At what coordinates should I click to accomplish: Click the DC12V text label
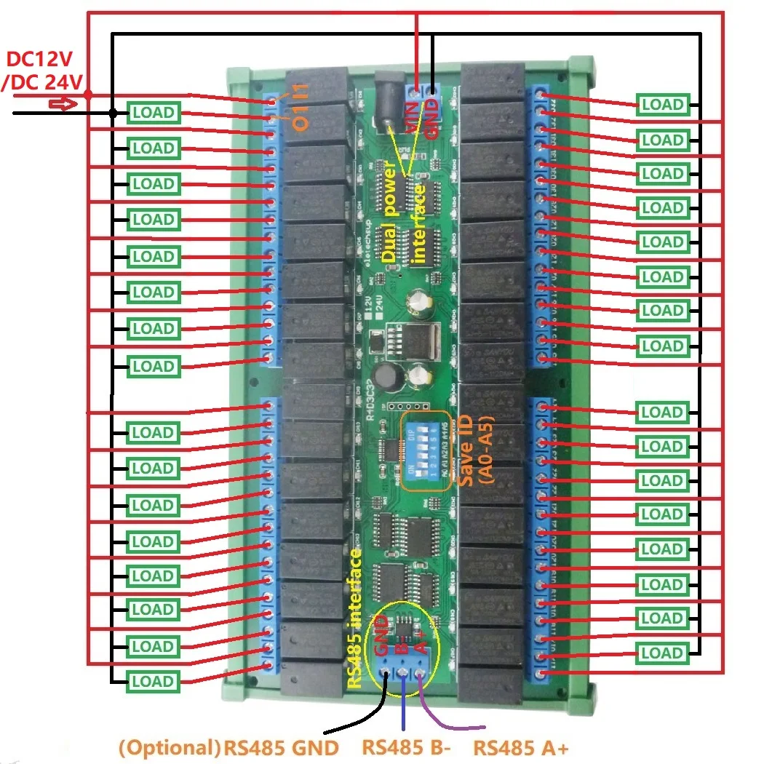[43, 60]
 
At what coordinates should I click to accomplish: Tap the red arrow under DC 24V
[62, 105]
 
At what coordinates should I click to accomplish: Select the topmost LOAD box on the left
[154, 113]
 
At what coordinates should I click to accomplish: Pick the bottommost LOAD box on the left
[154, 682]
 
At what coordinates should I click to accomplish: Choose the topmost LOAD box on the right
[662, 105]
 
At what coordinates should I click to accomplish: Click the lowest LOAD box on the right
[662, 653]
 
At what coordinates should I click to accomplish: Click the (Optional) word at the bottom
[169, 748]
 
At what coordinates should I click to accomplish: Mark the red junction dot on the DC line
[87, 94]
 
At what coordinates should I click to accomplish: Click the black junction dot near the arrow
[113, 113]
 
